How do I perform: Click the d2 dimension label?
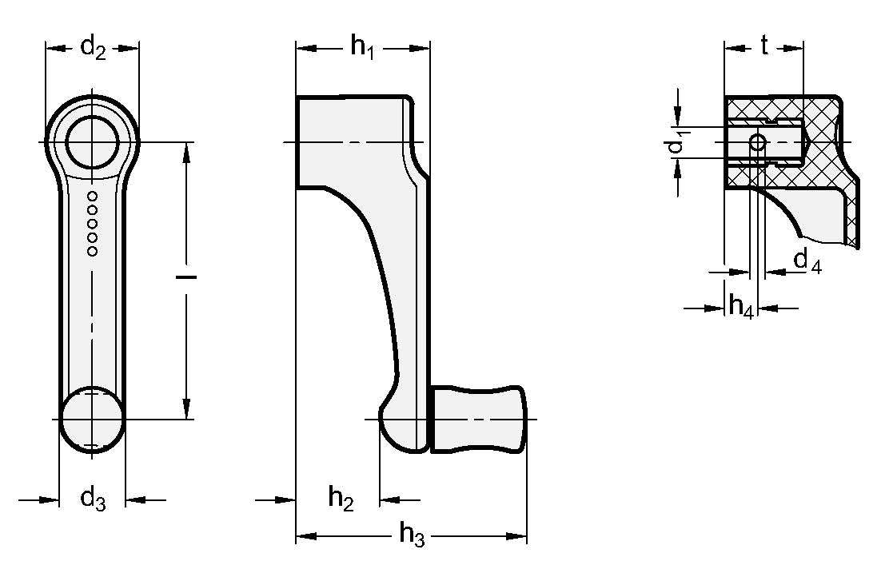93,49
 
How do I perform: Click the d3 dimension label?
93,499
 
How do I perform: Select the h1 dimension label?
362,49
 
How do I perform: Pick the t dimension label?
764,47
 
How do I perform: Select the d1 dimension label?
676,144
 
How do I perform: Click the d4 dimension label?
807,262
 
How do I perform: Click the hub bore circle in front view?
92,142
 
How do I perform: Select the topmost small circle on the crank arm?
92,196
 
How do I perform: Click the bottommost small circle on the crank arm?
92,251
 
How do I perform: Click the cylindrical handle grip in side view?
479,419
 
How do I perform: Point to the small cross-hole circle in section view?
757,143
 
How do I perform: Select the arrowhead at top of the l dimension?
185,151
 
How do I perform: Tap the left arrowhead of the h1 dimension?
304,49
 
